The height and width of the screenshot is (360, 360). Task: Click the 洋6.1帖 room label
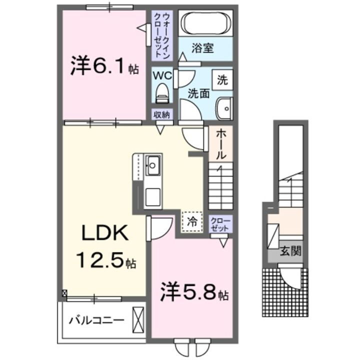104,67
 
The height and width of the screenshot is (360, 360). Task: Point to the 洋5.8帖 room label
194,292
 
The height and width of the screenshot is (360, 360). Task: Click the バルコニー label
96,319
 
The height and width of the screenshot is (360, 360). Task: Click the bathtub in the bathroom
204,23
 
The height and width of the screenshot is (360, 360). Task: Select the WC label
162,76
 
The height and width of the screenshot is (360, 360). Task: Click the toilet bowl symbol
161,92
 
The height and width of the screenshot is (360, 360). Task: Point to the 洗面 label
198,93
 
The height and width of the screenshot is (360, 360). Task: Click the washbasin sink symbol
223,107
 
